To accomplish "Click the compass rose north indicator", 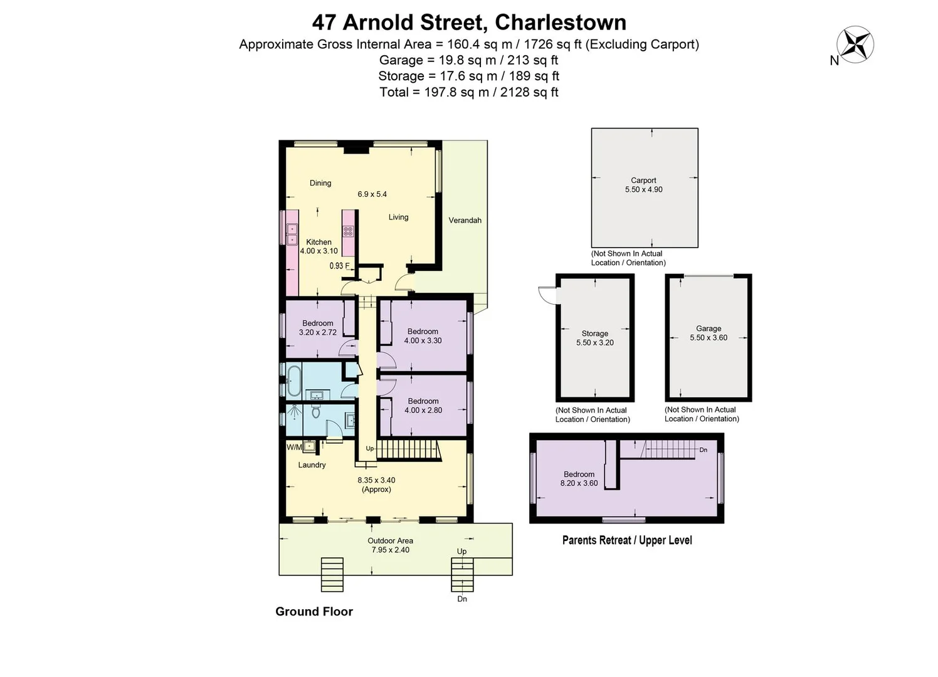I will [856, 45].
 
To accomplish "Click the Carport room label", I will [643, 181].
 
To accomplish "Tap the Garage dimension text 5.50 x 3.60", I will [709, 338].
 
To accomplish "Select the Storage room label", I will [594, 333].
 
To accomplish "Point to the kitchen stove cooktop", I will [348, 231].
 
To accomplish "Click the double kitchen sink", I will [292, 234].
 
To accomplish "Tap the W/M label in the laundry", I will [294, 447].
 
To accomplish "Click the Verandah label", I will [465, 220].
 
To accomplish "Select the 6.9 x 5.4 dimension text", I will [372, 194].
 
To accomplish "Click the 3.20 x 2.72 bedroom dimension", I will [318, 333].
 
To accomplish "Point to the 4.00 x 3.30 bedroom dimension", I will [423, 341].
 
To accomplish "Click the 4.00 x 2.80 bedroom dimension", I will [423, 411].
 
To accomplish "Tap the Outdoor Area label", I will [390, 540].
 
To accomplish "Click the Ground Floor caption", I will [314, 611].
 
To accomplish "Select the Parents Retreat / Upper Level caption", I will [627, 540].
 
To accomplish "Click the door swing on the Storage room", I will [547, 295].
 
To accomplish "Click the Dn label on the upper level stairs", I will [703, 450].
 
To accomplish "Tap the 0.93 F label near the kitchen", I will [339, 266].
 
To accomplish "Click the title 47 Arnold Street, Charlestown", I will [469, 23].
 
